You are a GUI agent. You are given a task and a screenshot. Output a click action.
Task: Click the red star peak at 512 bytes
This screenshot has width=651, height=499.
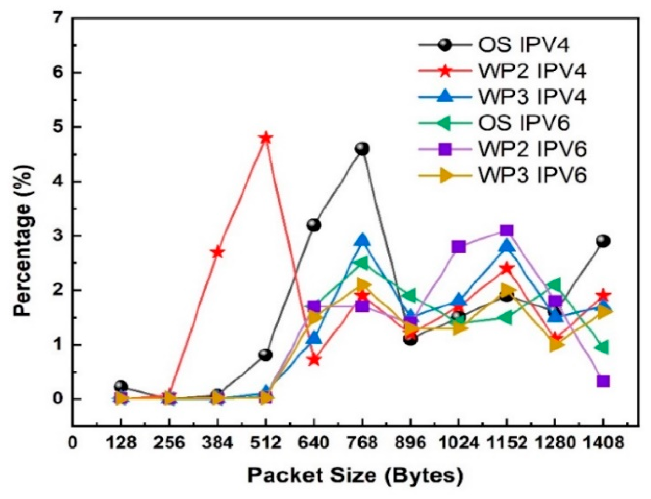(x=265, y=138)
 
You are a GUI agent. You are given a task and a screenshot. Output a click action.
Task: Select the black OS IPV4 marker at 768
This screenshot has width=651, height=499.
(x=362, y=149)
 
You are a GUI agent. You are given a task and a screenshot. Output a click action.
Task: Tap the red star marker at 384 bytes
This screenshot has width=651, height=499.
(x=217, y=252)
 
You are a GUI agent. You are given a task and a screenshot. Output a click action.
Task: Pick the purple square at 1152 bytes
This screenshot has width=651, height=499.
(x=506, y=231)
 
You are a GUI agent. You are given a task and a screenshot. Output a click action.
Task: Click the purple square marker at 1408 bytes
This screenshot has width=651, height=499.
(x=603, y=381)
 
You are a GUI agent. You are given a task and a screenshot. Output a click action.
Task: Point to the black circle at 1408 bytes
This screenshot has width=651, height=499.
(x=603, y=241)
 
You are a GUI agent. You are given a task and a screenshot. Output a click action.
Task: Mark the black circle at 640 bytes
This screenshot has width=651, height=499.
(x=314, y=225)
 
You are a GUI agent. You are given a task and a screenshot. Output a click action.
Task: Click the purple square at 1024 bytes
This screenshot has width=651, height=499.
(x=458, y=247)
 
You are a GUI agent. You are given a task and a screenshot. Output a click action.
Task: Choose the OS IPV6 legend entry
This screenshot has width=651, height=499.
(x=524, y=123)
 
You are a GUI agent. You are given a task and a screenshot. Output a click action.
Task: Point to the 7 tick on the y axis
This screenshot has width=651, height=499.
(x=57, y=18)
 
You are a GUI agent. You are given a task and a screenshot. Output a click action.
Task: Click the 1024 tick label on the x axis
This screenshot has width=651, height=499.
(x=458, y=443)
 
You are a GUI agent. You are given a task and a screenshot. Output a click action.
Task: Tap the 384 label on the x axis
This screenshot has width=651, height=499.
(x=217, y=443)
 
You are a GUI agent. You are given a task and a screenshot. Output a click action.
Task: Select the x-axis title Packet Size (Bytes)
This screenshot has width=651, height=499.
(x=355, y=475)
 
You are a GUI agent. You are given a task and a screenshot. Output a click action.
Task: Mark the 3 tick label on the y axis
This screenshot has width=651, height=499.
(x=57, y=236)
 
